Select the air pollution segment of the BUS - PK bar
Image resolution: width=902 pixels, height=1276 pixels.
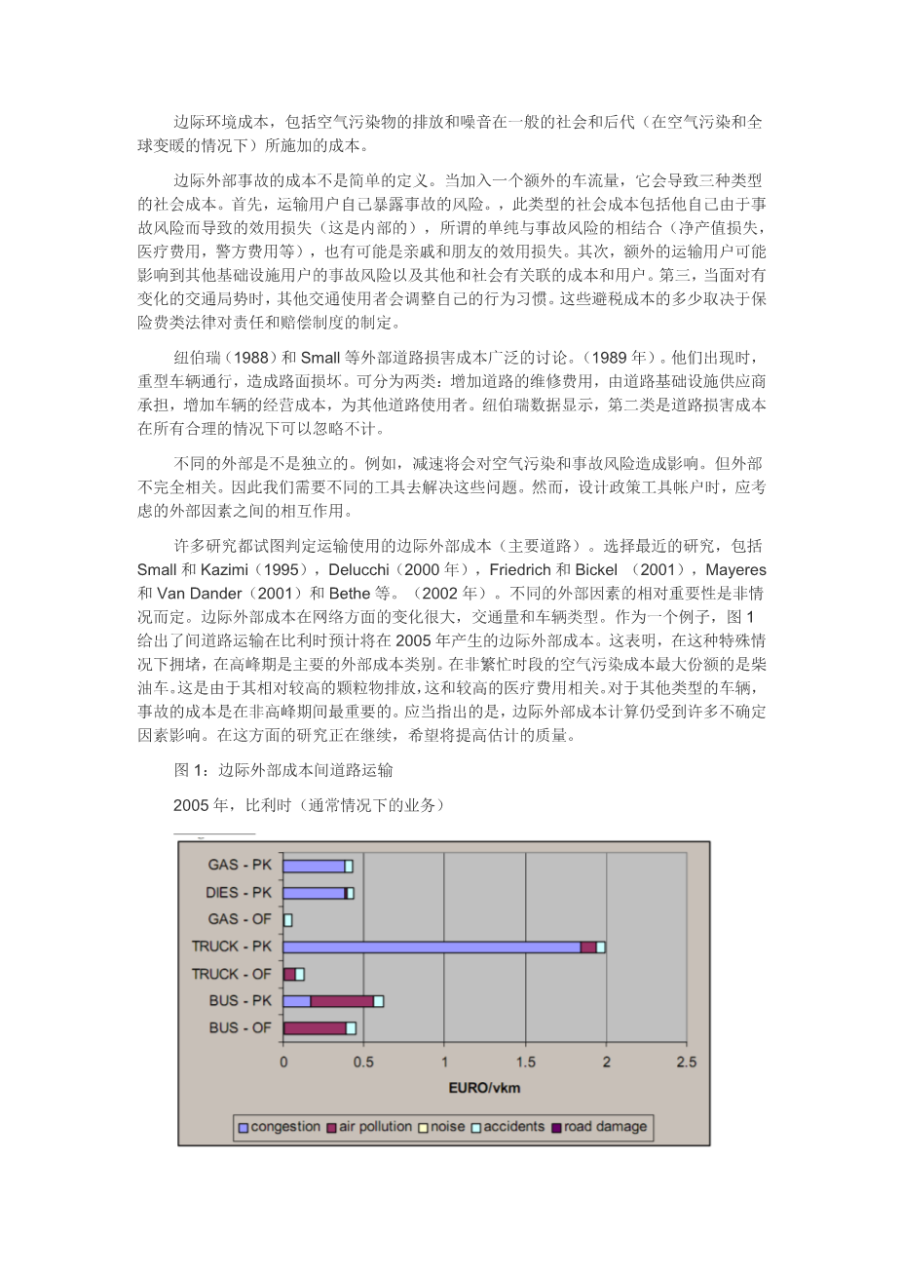tap(342, 1001)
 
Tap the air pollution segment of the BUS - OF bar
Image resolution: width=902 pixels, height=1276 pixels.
tap(315, 1027)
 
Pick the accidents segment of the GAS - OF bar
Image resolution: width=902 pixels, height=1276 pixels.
tap(288, 919)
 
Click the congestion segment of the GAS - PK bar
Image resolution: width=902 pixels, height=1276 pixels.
tap(314, 866)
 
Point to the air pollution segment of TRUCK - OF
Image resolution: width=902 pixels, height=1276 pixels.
tap(289, 974)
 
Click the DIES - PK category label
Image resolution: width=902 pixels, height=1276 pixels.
tap(239, 892)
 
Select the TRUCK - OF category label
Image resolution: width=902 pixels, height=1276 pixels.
tap(232, 974)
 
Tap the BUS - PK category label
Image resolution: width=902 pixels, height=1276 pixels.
tap(241, 1001)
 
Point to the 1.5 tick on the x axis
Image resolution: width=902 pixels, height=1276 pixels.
tap(525, 1062)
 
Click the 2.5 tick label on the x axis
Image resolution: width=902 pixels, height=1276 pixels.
tap(687, 1062)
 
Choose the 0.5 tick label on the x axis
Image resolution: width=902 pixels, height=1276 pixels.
tap(363, 1062)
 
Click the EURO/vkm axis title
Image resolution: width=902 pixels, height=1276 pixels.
tap(484, 1088)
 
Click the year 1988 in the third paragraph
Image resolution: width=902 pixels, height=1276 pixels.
tap(252, 358)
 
